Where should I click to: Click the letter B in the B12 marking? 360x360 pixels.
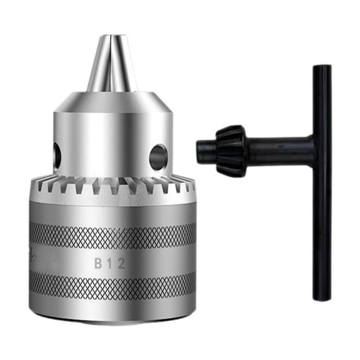(99, 264)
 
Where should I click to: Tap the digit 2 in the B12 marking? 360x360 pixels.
(121, 264)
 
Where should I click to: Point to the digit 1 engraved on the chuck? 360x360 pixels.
(110, 264)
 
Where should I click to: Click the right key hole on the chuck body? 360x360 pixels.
(158, 157)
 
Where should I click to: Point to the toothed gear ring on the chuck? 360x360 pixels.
(112, 186)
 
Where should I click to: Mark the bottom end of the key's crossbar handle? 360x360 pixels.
(322, 294)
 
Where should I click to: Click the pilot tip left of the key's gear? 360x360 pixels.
(203, 151)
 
